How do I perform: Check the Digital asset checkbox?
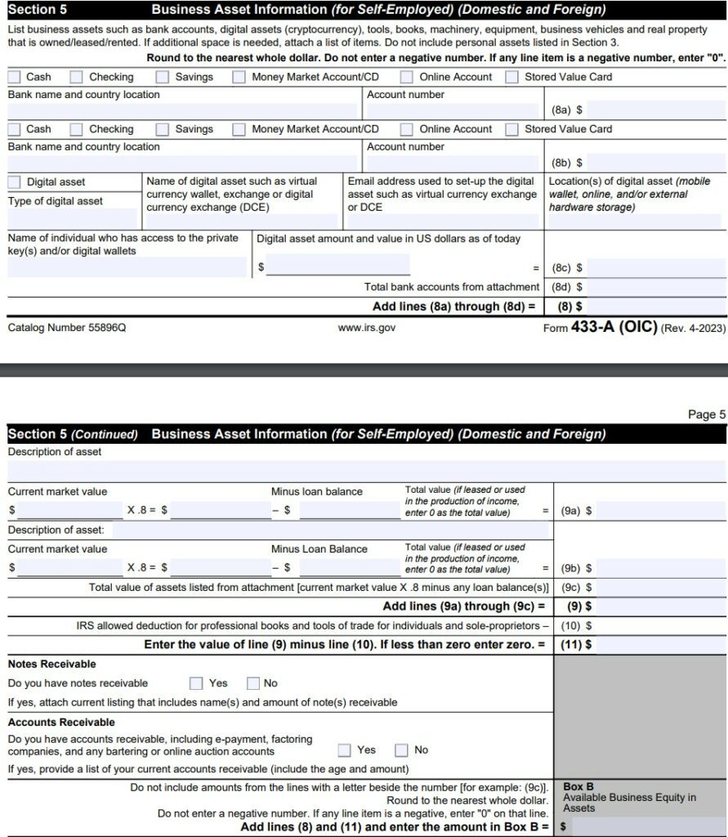point(15,181)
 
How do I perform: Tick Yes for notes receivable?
point(196,683)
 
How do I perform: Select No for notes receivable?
point(252,683)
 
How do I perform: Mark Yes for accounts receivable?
point(345,750)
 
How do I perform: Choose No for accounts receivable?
point(401,750)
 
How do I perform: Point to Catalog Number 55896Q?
point(67,328)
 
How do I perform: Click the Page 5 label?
point(706,414)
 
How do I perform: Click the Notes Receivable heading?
point(51,664)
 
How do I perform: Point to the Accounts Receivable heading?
point(61,722)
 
